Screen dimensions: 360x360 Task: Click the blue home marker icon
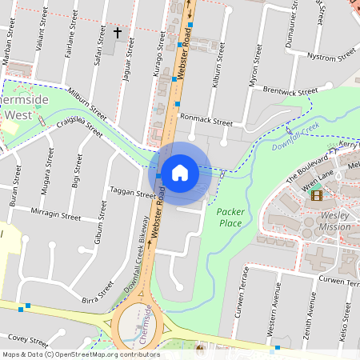click(x=180, y=171)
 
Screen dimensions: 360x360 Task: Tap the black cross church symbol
click(x=118, y=33)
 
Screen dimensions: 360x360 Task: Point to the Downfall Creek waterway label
click(x=295, y=137)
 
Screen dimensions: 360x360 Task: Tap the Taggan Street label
click(x=134, y=194)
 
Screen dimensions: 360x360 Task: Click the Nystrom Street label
click(x=331, y=56)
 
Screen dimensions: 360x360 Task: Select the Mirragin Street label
click(x=55, y=216)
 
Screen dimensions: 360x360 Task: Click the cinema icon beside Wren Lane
click(x=317, y=194)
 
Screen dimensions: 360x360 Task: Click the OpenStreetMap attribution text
click(x=80, y=354)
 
